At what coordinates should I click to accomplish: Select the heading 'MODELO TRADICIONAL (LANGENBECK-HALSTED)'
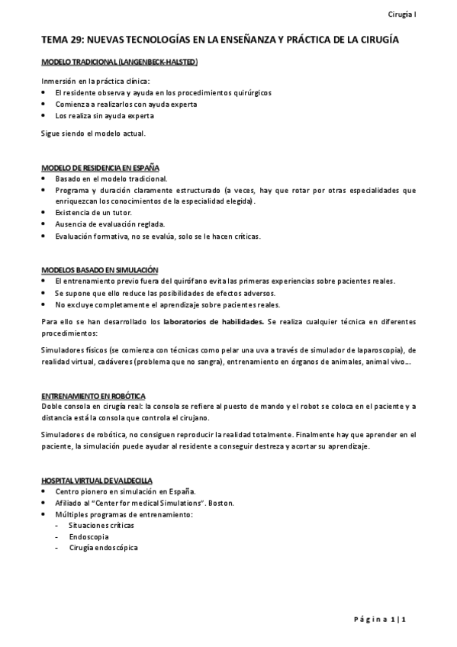(120, 61)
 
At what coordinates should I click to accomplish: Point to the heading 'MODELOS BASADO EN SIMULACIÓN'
(99, 269)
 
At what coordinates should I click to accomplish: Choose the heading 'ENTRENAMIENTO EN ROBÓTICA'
(93, 396)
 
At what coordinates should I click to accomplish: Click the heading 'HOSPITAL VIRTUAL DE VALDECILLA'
(97, 480)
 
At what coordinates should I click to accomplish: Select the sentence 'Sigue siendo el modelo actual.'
(92, 133)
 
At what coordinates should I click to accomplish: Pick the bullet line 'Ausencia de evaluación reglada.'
(110, 224)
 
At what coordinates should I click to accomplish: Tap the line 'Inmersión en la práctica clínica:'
(95, 80)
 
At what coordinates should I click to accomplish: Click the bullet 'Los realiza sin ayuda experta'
(105, 116)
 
